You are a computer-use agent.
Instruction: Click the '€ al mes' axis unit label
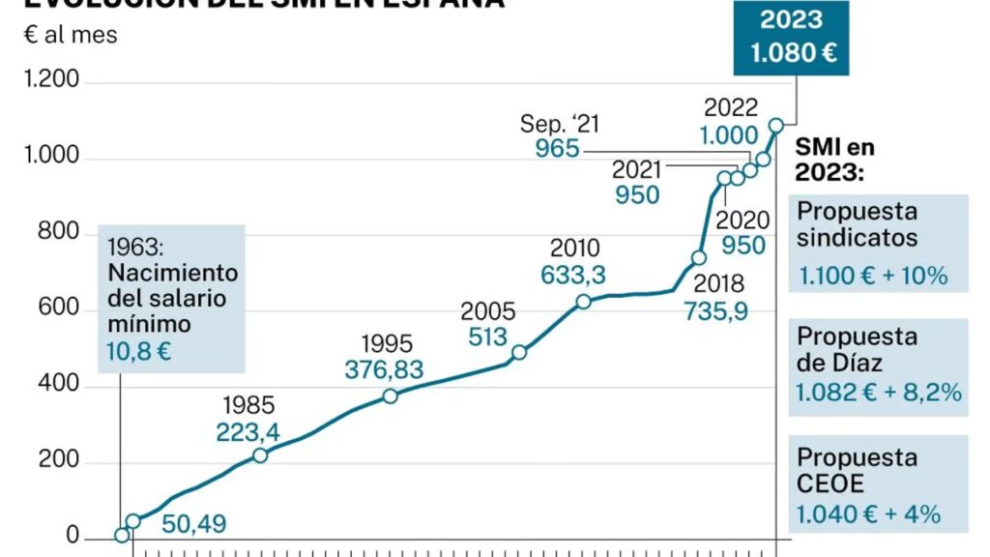[x=70, y=36]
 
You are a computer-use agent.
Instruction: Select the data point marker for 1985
[x=260, y=454]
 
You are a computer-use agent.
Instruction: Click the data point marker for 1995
[x=390, y=396]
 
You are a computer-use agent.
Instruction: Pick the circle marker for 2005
[x=519, y=352]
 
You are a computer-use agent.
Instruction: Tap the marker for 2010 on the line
[x=583, y=302]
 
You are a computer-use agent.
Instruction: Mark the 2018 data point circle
[x=699, y=257]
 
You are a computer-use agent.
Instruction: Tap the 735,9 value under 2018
[x=716, y=311]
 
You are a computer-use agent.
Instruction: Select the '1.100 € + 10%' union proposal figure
[x=872, y=275]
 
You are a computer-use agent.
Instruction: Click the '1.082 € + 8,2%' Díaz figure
[x=879, y=393]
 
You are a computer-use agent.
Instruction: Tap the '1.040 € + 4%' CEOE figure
[x=868, y=513]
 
